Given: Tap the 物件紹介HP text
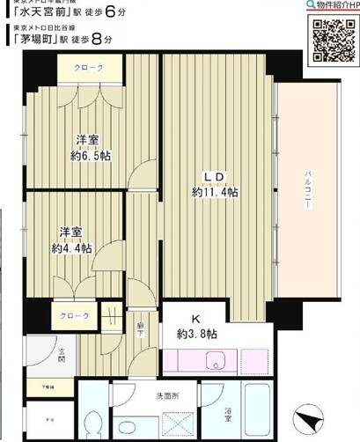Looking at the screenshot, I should (x=330, y=5).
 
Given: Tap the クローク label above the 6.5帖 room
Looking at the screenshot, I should (x=89, y=68).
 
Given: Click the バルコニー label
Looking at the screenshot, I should (x=309, y=188).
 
